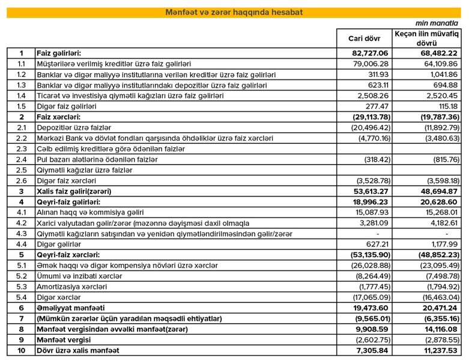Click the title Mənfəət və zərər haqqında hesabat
[x=234, y=12]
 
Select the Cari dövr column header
[x=364, y=39]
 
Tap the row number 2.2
[x=21, y=138]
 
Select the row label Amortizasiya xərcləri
[x=73, y=287]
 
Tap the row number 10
[x=21, y=350]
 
